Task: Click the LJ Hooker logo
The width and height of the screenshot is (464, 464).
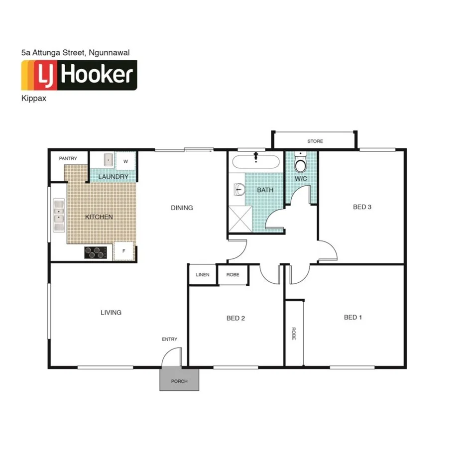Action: (x=79, y=75)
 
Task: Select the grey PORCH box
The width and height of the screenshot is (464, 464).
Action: (x=179, y=380)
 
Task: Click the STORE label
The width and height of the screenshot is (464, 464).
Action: (x=315, y=141)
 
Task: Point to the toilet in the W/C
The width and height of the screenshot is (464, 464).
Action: (x=300, y=164)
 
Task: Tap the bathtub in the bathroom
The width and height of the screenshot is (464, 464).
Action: (x=256, y=162)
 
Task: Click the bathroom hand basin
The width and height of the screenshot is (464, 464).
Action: (x=239, y=189)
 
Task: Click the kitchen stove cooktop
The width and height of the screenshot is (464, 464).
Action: (x=96, y=252)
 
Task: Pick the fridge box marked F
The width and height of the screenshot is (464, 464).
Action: (x=124, y=251)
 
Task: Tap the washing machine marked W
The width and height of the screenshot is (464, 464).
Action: (x=125, y=161)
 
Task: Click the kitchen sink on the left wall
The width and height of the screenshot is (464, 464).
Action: (x=59, y=215)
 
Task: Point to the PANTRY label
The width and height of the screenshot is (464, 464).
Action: (x=68, y=158)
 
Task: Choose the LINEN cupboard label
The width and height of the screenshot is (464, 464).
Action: (x=202, y=275)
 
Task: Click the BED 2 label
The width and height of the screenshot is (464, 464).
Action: (x=236, y=318)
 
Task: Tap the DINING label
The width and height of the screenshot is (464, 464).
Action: (x=182, y=208)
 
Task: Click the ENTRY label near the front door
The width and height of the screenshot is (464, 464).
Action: (x=169, y=339)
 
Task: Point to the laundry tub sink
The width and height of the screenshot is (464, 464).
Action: (x=108, y=160)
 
